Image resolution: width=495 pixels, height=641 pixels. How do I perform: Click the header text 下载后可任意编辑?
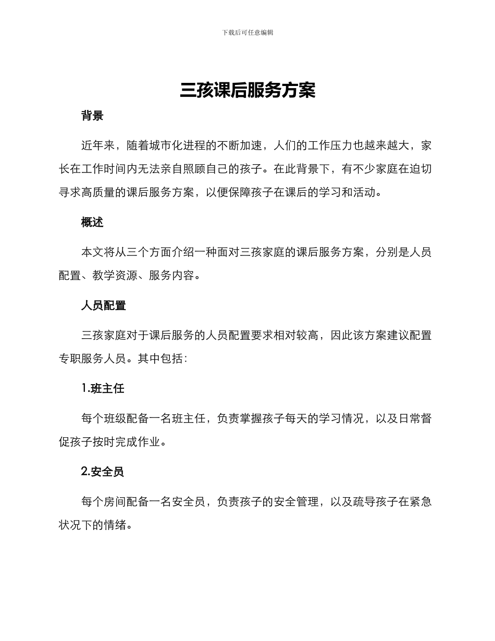247,32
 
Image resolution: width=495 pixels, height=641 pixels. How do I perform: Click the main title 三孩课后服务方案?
247,91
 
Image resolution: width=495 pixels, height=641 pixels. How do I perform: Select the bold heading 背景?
92,116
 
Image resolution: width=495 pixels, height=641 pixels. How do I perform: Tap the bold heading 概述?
92,223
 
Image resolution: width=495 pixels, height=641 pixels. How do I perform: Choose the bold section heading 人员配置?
103,306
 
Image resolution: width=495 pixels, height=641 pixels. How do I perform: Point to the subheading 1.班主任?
103,389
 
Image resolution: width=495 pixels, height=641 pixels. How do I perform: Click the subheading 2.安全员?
103,472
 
